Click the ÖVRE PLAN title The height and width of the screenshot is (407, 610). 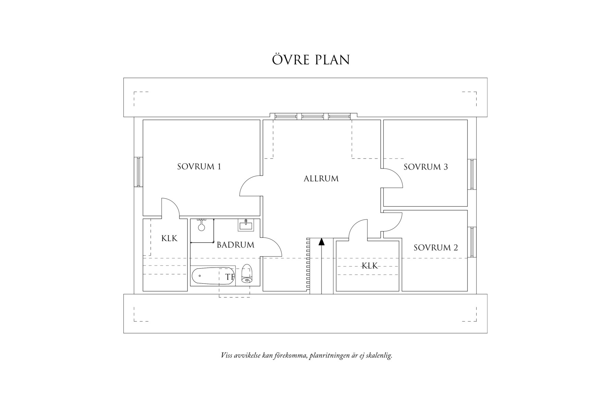(x=311, y=60)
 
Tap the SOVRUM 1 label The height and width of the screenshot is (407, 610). (x=199, y=167)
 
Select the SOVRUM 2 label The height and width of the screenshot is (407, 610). (x=436, y=248)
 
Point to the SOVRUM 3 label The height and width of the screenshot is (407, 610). (x=426, y=167)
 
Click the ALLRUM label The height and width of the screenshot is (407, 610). (x=321, y=179)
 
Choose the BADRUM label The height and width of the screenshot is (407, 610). (x=235, y=245)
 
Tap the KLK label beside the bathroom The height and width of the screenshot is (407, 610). (x=169, y=238)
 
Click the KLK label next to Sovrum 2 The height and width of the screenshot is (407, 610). (x=370, y=266)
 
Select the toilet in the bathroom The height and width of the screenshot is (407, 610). (x=247, y=274)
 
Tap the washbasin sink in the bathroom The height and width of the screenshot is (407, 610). (x=246, y=225)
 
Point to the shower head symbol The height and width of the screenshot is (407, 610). (x=202, y=226)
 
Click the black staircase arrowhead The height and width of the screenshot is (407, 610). (x=321, y=242)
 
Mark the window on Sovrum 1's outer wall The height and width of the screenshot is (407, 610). (x=138, y=172)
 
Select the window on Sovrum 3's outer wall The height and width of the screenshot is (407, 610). (x=472, y=174)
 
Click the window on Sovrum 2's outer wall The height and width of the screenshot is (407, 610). (x=472, y=242)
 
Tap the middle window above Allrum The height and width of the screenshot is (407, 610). (x=313, y=117)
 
